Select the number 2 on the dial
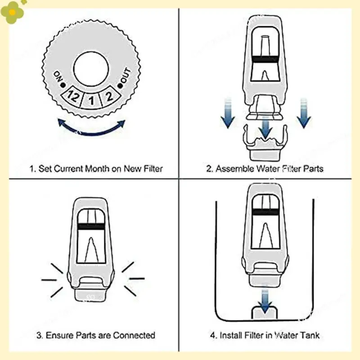coord(108,95)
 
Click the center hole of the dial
coord(91,69)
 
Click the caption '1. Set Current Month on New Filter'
coord(96,169)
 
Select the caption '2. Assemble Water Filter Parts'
coord(265,169)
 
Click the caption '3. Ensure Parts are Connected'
coord(95,335)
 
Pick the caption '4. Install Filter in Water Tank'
coord(265,335)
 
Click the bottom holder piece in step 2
coord(265,144)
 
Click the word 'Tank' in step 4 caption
coord(310,335)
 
